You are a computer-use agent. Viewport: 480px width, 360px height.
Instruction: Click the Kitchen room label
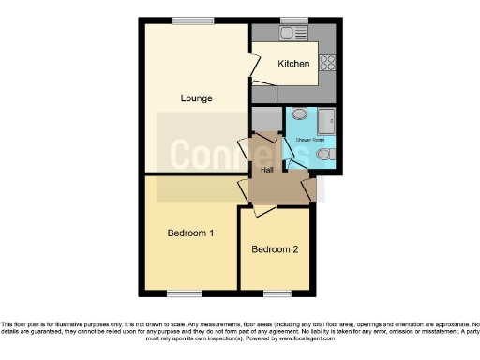292,65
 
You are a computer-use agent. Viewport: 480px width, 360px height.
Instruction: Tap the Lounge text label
197,97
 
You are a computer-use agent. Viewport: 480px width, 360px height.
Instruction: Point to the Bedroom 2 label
275,249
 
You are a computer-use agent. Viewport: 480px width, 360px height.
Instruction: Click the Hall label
266,170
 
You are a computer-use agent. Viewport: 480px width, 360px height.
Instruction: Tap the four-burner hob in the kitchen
328,63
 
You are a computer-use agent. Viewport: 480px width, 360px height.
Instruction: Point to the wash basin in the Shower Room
298,113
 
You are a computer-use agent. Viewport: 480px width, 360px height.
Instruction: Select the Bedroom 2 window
275,293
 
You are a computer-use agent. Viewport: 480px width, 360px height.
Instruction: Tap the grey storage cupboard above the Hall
266,121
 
